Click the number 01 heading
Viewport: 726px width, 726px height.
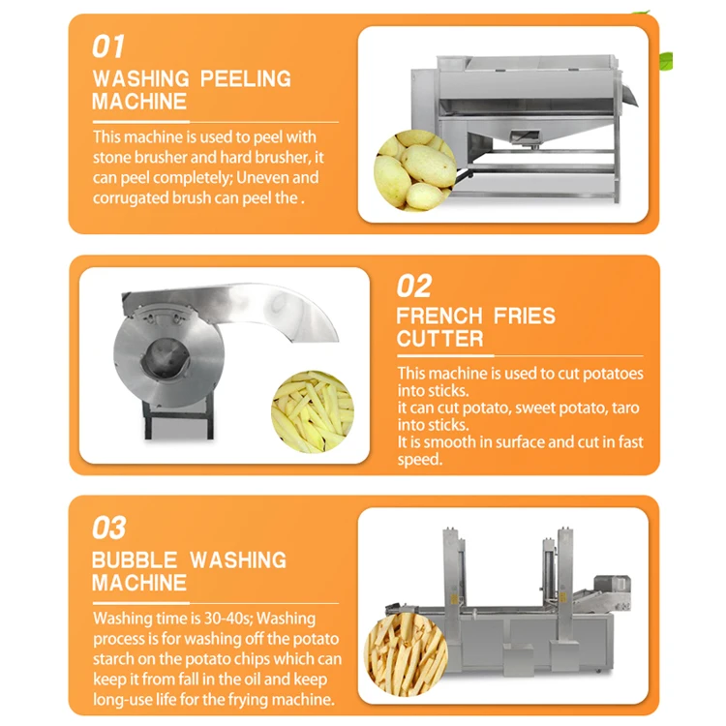[x=108, y=45]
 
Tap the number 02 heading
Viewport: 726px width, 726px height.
[x=414, y=286]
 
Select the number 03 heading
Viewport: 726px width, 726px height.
[x=109, y=528]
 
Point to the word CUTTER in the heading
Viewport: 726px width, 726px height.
[x=439, y=339]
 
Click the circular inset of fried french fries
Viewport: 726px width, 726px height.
[x=406, y=654]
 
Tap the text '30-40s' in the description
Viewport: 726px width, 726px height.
[x=227, y=618]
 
